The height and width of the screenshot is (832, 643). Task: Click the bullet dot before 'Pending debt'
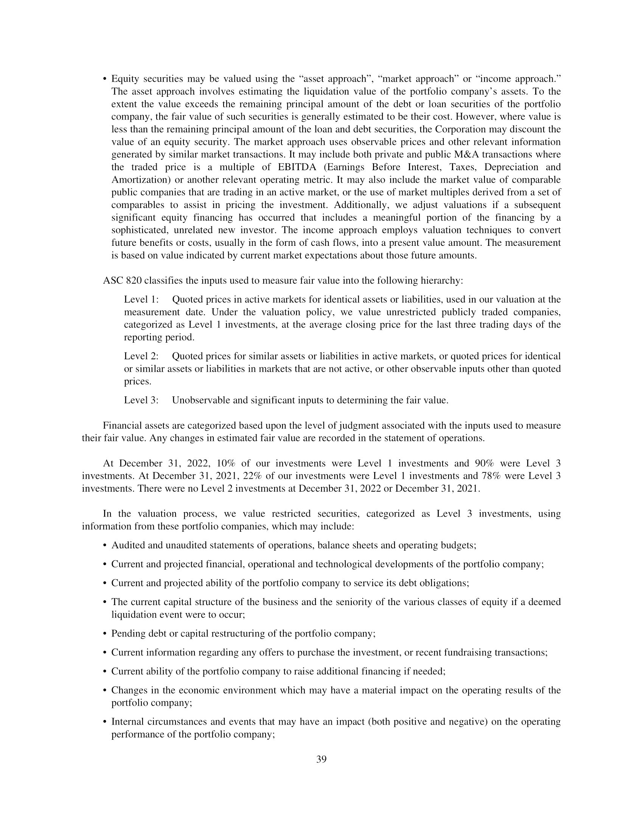pyautogui.click(x=105, y=634)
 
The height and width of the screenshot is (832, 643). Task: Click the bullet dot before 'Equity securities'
pyautogui.click(x=105, y=79)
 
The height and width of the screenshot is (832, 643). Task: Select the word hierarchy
pyautogui.click(x=443, y=281)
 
